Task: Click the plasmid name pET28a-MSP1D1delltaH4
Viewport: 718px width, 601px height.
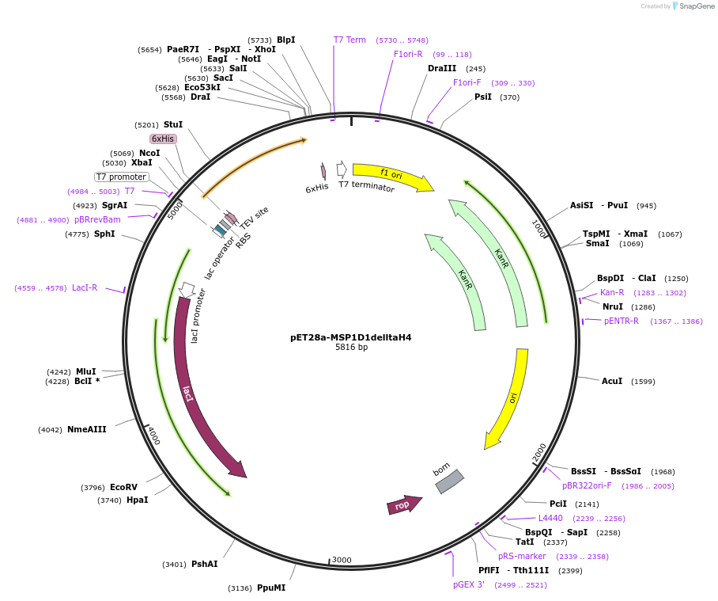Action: [350, 337]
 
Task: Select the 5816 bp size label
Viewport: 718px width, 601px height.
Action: [351, 348]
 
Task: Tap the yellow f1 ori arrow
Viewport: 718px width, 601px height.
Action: [392, 177]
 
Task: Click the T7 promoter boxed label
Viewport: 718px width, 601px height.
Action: [122, 177]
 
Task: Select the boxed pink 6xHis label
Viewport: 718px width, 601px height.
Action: [163, 139]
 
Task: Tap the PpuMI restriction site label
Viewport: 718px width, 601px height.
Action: [271, 588]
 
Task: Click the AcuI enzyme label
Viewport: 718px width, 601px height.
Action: [612, 382]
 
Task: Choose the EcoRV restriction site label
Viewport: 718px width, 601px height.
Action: [123, 488]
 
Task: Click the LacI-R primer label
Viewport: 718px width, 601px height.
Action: [85, 288]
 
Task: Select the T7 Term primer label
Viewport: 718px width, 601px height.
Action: [350, 40]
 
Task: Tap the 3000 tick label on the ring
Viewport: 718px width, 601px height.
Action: [342, 560]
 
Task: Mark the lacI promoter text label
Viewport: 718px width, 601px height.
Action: [198, 315]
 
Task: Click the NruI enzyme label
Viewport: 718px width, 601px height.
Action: [613, 307]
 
